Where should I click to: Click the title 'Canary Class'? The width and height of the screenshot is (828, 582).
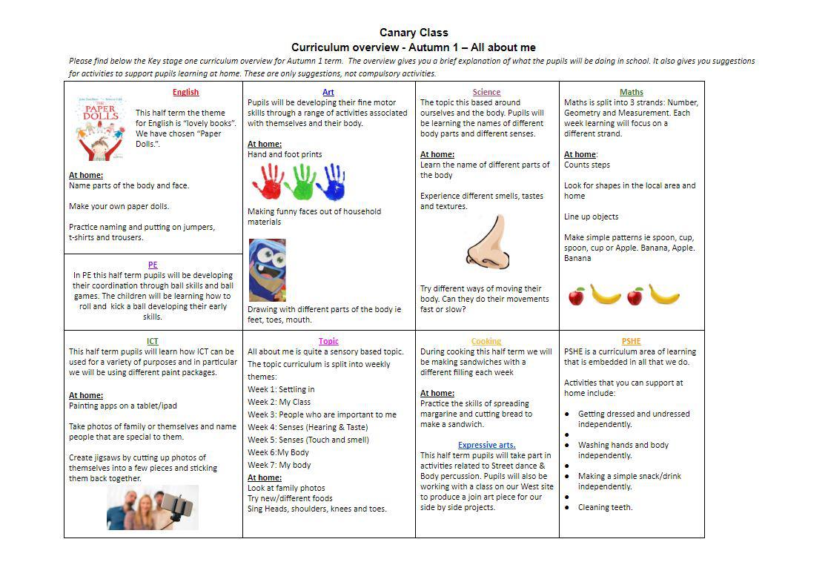[414, 33]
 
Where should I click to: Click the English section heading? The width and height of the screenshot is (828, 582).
[185, 93]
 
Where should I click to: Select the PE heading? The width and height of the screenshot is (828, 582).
[153, 265]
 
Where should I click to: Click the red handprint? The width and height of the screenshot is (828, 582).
[268, 182]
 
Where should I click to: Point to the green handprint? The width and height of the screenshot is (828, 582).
[300, 182]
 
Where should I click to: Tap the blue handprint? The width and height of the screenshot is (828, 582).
[331, 182]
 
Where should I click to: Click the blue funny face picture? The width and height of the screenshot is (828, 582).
[267, 269]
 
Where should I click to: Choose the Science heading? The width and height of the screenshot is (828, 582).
[486, 93]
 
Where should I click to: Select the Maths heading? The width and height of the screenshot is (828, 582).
[632, 93]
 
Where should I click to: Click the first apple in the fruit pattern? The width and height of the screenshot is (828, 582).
[577, 297]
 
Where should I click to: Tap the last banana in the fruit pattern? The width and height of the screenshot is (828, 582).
[663, 295]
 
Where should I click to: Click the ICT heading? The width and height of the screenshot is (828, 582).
[153, 342]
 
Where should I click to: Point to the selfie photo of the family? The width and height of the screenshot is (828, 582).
[153, 507]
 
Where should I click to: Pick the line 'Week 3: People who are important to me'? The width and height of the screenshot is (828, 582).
[322, 414]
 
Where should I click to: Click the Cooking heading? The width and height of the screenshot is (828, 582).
[486, 342]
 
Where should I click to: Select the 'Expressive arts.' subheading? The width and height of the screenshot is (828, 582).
[486, 446]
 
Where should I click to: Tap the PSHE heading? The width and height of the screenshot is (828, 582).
[632, 342]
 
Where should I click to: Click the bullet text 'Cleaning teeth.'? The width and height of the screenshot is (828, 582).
[605, 508]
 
